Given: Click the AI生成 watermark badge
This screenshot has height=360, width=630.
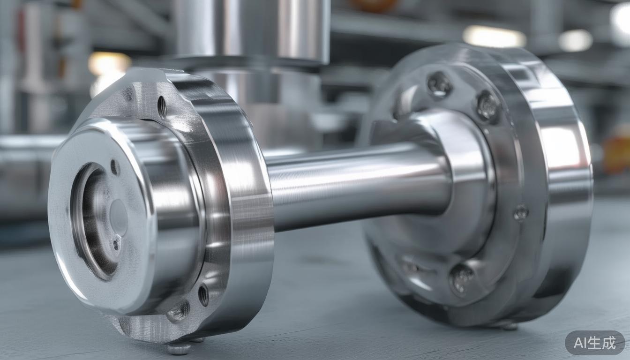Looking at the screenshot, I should (x=594, y=343).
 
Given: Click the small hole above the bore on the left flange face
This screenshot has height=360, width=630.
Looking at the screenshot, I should (x=114, y=167).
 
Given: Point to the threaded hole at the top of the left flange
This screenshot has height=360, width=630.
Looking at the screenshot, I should (x=162, y=107).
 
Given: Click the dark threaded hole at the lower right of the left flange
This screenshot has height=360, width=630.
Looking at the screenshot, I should (x=203, y=295).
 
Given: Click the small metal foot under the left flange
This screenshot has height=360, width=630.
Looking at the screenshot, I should (x=179, y=348).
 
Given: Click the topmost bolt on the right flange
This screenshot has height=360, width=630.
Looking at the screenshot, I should (x=439, y=84).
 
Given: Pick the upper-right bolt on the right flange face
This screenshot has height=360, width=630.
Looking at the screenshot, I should (x=487, y=106).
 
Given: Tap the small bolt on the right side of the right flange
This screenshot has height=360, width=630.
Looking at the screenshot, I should (x=520, y=214).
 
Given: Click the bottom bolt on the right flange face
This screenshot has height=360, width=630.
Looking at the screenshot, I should (x=461, y=278).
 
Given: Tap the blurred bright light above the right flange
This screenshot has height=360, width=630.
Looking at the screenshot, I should (x=494, y=37).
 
